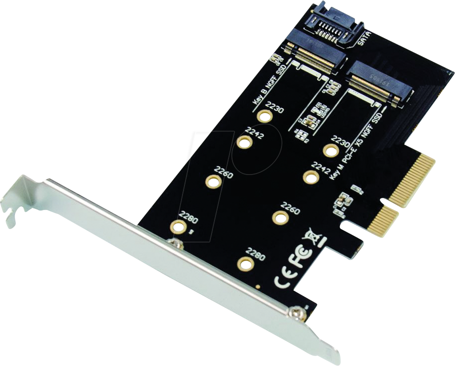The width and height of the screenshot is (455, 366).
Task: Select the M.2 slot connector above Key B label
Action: [x=315, y=56]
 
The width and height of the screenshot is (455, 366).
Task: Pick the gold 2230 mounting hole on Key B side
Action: [x=264, y=116]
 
